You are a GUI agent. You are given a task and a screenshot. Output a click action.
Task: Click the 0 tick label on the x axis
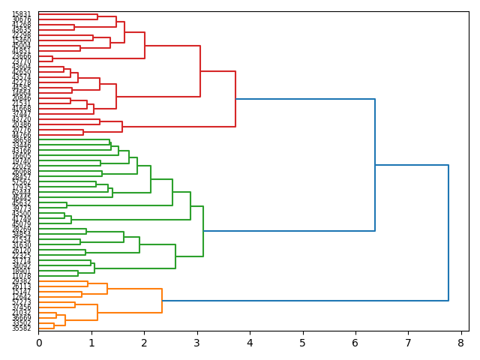39,343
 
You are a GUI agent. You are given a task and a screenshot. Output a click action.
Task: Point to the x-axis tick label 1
91,343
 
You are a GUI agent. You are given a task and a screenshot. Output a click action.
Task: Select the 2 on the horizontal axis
145,343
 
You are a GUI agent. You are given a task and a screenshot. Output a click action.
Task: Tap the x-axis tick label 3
197,343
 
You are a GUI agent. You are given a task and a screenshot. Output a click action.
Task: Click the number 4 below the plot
250,343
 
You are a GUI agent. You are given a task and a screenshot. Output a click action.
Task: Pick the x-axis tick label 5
303,343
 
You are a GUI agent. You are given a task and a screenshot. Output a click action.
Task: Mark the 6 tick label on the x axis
355,343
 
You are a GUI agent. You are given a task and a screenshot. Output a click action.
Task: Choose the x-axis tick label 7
409,343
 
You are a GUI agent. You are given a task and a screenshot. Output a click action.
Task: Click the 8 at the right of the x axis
461,343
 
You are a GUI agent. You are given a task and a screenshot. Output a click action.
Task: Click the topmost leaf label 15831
21,14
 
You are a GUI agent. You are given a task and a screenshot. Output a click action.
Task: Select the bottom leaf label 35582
21,328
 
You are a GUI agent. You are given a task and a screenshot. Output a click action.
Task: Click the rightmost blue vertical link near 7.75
448,232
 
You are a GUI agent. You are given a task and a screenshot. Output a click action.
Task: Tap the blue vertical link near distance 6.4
375,165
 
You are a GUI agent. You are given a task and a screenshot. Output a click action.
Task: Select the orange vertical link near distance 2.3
162,301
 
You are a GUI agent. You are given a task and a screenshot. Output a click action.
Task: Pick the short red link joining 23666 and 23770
52,58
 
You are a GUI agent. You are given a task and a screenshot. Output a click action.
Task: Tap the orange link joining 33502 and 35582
54,325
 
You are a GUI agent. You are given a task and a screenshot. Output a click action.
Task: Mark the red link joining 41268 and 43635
74,27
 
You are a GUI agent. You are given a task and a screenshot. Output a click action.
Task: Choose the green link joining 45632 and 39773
67,205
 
